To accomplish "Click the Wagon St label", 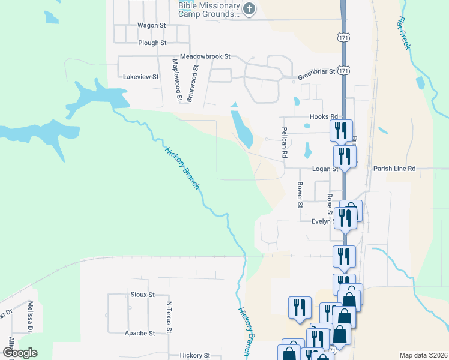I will pos(151,25).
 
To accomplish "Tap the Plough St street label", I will pos(152,43).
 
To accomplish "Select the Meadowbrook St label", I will pos(204,56).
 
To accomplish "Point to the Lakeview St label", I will pos(140,77).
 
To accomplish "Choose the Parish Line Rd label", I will pos(394,169).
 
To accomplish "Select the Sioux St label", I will pos(142,295).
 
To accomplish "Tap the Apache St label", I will pos(140,333).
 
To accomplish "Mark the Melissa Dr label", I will pos(29,317).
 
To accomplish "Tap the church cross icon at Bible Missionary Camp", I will pos(249,8).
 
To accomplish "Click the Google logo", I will pos(20,353).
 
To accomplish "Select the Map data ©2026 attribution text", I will pos(423,356).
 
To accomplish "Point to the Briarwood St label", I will pos(193,85).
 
